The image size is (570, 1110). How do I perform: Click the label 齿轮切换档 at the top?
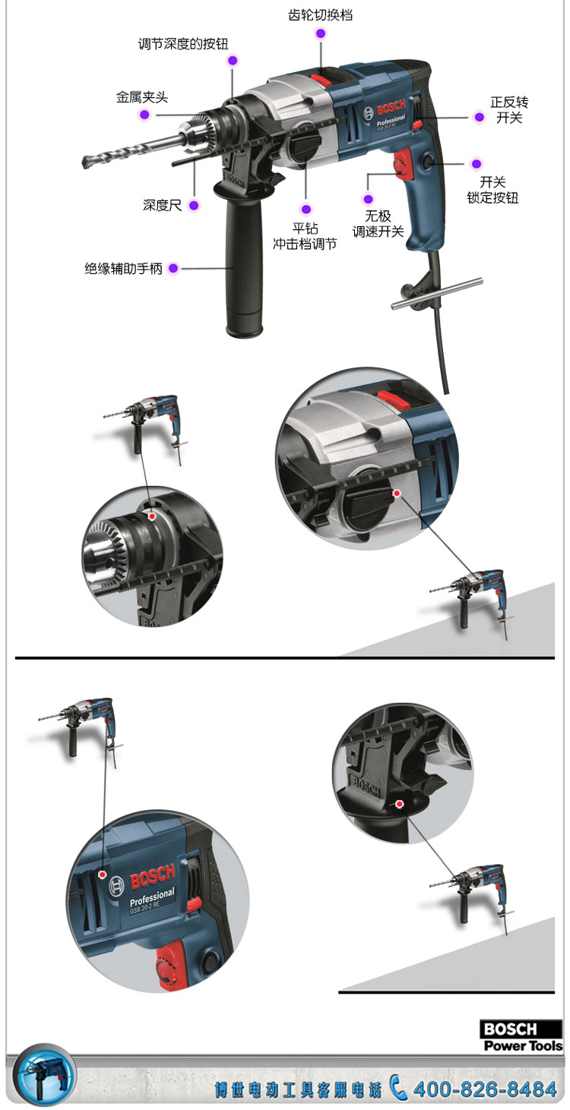click(x=321, y=15)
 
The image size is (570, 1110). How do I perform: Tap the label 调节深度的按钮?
click(x=183, y=44)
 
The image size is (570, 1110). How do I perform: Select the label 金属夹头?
click(x=142, y=97)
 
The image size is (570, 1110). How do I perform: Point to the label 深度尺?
click(x=162, y=205)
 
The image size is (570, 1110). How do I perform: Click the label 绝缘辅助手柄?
click(x=124, y=269)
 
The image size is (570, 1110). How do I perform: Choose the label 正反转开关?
click(x=509, y=110)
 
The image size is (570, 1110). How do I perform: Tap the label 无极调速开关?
click(x=378, y=223)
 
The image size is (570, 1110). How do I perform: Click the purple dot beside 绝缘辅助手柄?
click(x=173, y=269)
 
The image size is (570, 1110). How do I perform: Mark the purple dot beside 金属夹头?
click(x=144, y=115)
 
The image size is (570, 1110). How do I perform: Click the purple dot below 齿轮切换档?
click(x=321, y=33)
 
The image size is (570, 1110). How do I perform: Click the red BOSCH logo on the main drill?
click(x=391, y=107)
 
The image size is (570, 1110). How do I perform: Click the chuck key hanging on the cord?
click(x=436, y=293)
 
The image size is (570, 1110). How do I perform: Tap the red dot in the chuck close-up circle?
click(x=152, y=516)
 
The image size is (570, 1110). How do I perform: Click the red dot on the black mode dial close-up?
click(x=397, y=493)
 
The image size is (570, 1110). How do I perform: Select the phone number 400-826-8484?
click(x=485, y=1090)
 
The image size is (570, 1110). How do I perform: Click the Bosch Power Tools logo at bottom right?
click(x=521, y=1036)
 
